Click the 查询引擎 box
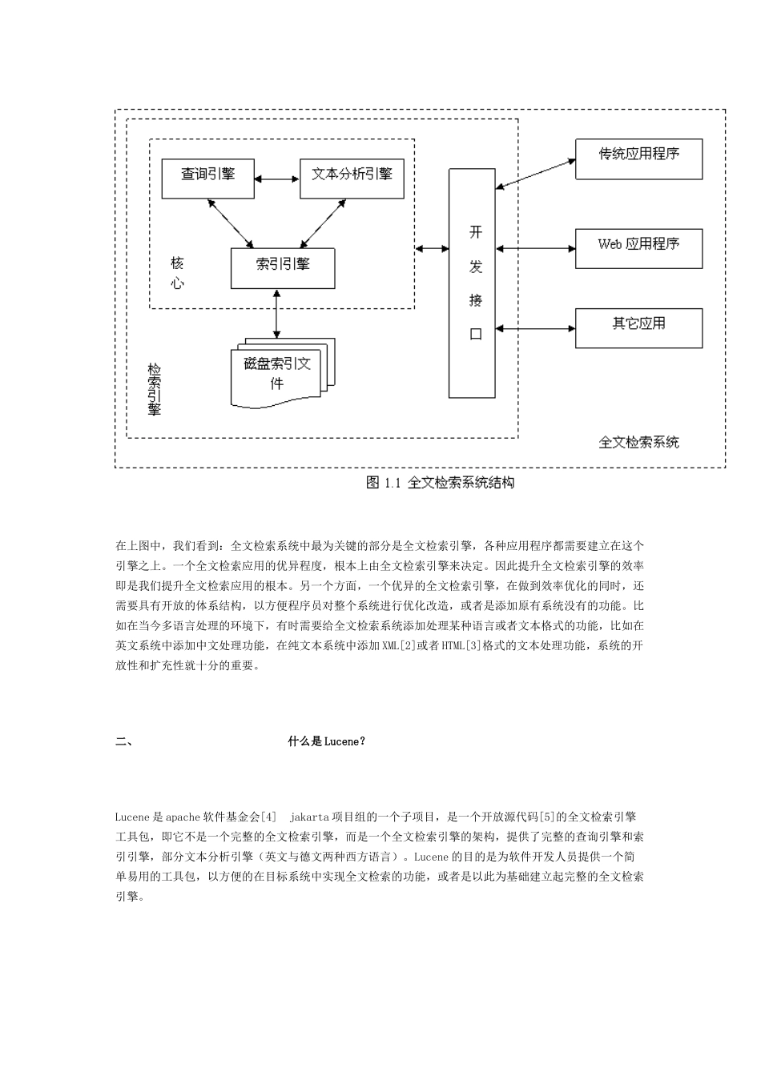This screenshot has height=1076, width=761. coord(208,178)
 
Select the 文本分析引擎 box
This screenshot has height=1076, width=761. coord(352,178)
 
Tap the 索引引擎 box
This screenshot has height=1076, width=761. coord(283,268)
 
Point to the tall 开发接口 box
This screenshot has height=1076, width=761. coord(472,283)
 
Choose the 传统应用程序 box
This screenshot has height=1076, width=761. coord(638,159)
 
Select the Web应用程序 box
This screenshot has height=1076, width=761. coord(638,248)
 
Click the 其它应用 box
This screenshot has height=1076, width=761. coord(638,327)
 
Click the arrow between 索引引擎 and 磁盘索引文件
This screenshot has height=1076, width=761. coord(277,313)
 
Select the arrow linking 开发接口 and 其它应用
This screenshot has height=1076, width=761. coord(535,327)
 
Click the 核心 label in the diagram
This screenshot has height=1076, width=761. coord(178,272)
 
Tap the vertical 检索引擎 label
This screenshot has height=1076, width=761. coord(155,390)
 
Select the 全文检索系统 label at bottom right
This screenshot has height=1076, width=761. coord(638,442)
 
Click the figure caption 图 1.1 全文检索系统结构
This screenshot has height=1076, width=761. coord(440,483)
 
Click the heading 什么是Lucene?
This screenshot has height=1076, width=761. coord(327,741)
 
